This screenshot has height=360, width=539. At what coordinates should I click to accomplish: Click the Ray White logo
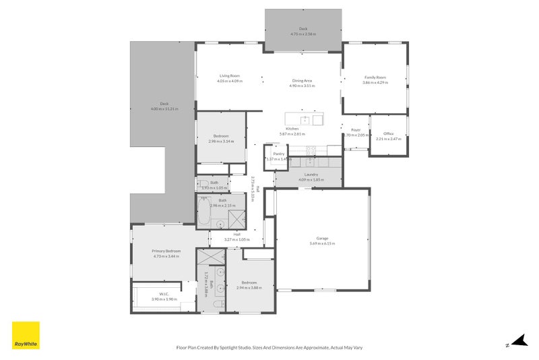(x=26, y=335)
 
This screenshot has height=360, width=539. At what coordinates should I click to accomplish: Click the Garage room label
(x=322, y=238)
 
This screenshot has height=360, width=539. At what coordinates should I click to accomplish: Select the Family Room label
(x=375, y=78)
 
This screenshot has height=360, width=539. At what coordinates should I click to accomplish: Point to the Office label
(x=388, y=134)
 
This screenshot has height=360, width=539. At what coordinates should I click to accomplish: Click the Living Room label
(x=230, y=76)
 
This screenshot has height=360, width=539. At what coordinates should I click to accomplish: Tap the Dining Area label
(x=302, y=81)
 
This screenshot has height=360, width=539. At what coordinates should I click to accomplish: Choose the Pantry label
(x=279, y=154)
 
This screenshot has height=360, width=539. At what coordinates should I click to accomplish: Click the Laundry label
(x=311, y=175)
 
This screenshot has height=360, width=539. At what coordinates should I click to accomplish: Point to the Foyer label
(x=356, y=129)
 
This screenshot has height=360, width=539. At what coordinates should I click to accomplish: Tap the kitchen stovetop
(x=311, y=150)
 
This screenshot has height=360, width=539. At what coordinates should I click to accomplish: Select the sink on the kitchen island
(x=305, y=120)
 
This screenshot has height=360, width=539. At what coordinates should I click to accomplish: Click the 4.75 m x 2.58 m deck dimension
(x=303, y=34)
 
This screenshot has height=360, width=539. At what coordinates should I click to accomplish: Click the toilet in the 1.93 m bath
(x=201, y=185)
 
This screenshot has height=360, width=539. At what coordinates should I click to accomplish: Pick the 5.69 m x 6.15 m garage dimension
(x=322, y=243)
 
